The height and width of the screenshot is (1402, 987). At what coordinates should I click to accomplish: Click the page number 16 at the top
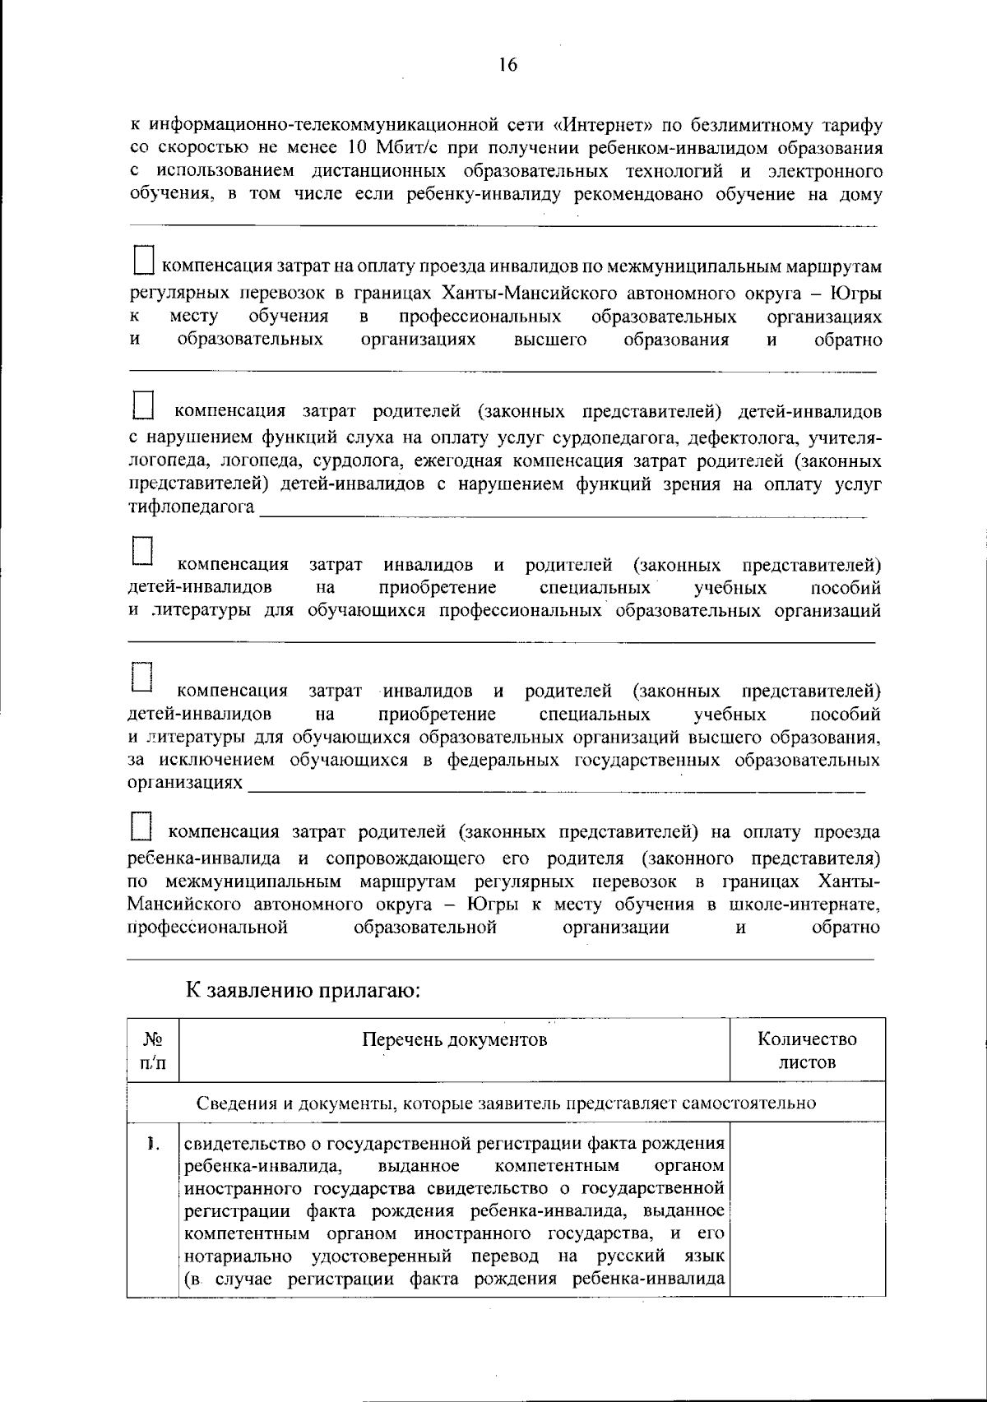coord(507,65)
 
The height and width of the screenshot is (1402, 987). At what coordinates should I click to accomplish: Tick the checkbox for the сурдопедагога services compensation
coord(143,404)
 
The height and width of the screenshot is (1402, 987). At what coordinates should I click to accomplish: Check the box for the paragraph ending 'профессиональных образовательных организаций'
coord(143,550)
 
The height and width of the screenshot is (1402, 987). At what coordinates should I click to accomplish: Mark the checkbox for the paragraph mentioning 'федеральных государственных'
coord(142,676)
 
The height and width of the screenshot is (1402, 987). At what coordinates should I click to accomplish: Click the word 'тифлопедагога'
coord(192,507)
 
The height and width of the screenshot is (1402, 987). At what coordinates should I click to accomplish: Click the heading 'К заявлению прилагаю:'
coord(304,991)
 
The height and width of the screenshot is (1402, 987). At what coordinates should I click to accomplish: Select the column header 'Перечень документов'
coord(455,1040)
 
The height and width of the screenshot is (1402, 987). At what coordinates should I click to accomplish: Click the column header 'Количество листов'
coord(807,1050)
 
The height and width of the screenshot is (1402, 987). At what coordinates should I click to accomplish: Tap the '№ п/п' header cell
coord(153,1050)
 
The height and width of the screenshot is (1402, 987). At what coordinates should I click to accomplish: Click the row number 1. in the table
coord(152,1143)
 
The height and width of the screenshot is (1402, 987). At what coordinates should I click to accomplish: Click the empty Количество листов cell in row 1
coord(807,1209)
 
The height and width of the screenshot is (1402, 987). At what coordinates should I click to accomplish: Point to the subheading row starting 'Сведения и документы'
coord(507,1103)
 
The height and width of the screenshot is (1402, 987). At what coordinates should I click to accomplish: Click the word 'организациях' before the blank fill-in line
coord(186,782)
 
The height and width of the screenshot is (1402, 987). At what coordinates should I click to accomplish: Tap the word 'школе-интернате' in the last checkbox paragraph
coord(805,905)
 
